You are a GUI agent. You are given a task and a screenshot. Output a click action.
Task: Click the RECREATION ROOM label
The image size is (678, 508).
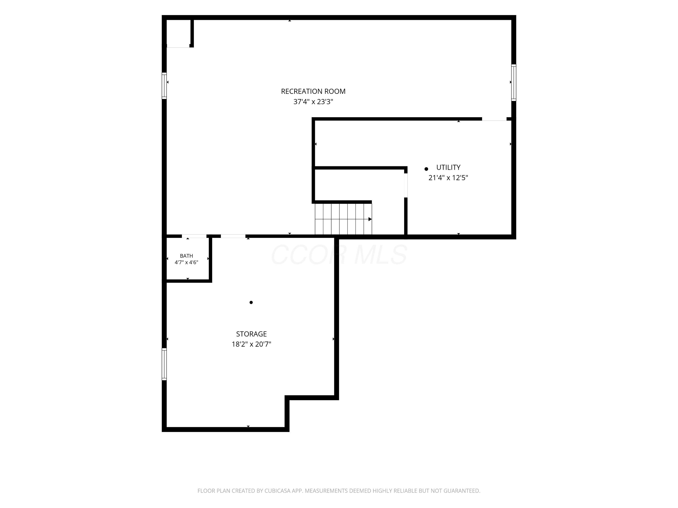tap(313, 91)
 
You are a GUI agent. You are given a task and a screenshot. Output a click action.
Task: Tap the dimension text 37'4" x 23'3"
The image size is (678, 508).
tap(313, 102)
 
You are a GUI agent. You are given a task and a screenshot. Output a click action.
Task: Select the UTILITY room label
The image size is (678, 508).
tap(448, 168)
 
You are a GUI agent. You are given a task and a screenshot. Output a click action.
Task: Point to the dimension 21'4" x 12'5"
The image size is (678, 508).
tap(448, 178)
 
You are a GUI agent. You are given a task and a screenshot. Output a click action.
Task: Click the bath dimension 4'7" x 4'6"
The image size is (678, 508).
tap(186, 262)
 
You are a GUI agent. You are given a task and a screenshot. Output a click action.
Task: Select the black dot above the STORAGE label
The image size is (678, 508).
tap(251, 303)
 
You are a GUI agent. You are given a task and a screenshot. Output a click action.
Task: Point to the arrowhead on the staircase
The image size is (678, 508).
tap(370, 219)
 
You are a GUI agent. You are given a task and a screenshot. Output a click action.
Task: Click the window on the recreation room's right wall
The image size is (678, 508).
tap(513, 82)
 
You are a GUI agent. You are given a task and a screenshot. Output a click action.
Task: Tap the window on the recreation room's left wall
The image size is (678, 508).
tap(164, 86)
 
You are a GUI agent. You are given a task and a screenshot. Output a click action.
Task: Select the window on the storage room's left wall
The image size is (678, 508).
tap(164, 364)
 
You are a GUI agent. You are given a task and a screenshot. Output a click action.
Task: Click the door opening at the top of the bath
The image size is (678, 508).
tap(194, 236)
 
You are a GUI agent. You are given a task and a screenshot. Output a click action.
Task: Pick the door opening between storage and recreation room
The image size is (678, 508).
tap(233, 236)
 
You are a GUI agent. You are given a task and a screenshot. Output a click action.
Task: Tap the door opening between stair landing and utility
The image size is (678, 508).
tap(406, 185)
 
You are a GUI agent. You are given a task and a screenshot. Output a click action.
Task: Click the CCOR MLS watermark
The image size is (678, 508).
tap(339, 254)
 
